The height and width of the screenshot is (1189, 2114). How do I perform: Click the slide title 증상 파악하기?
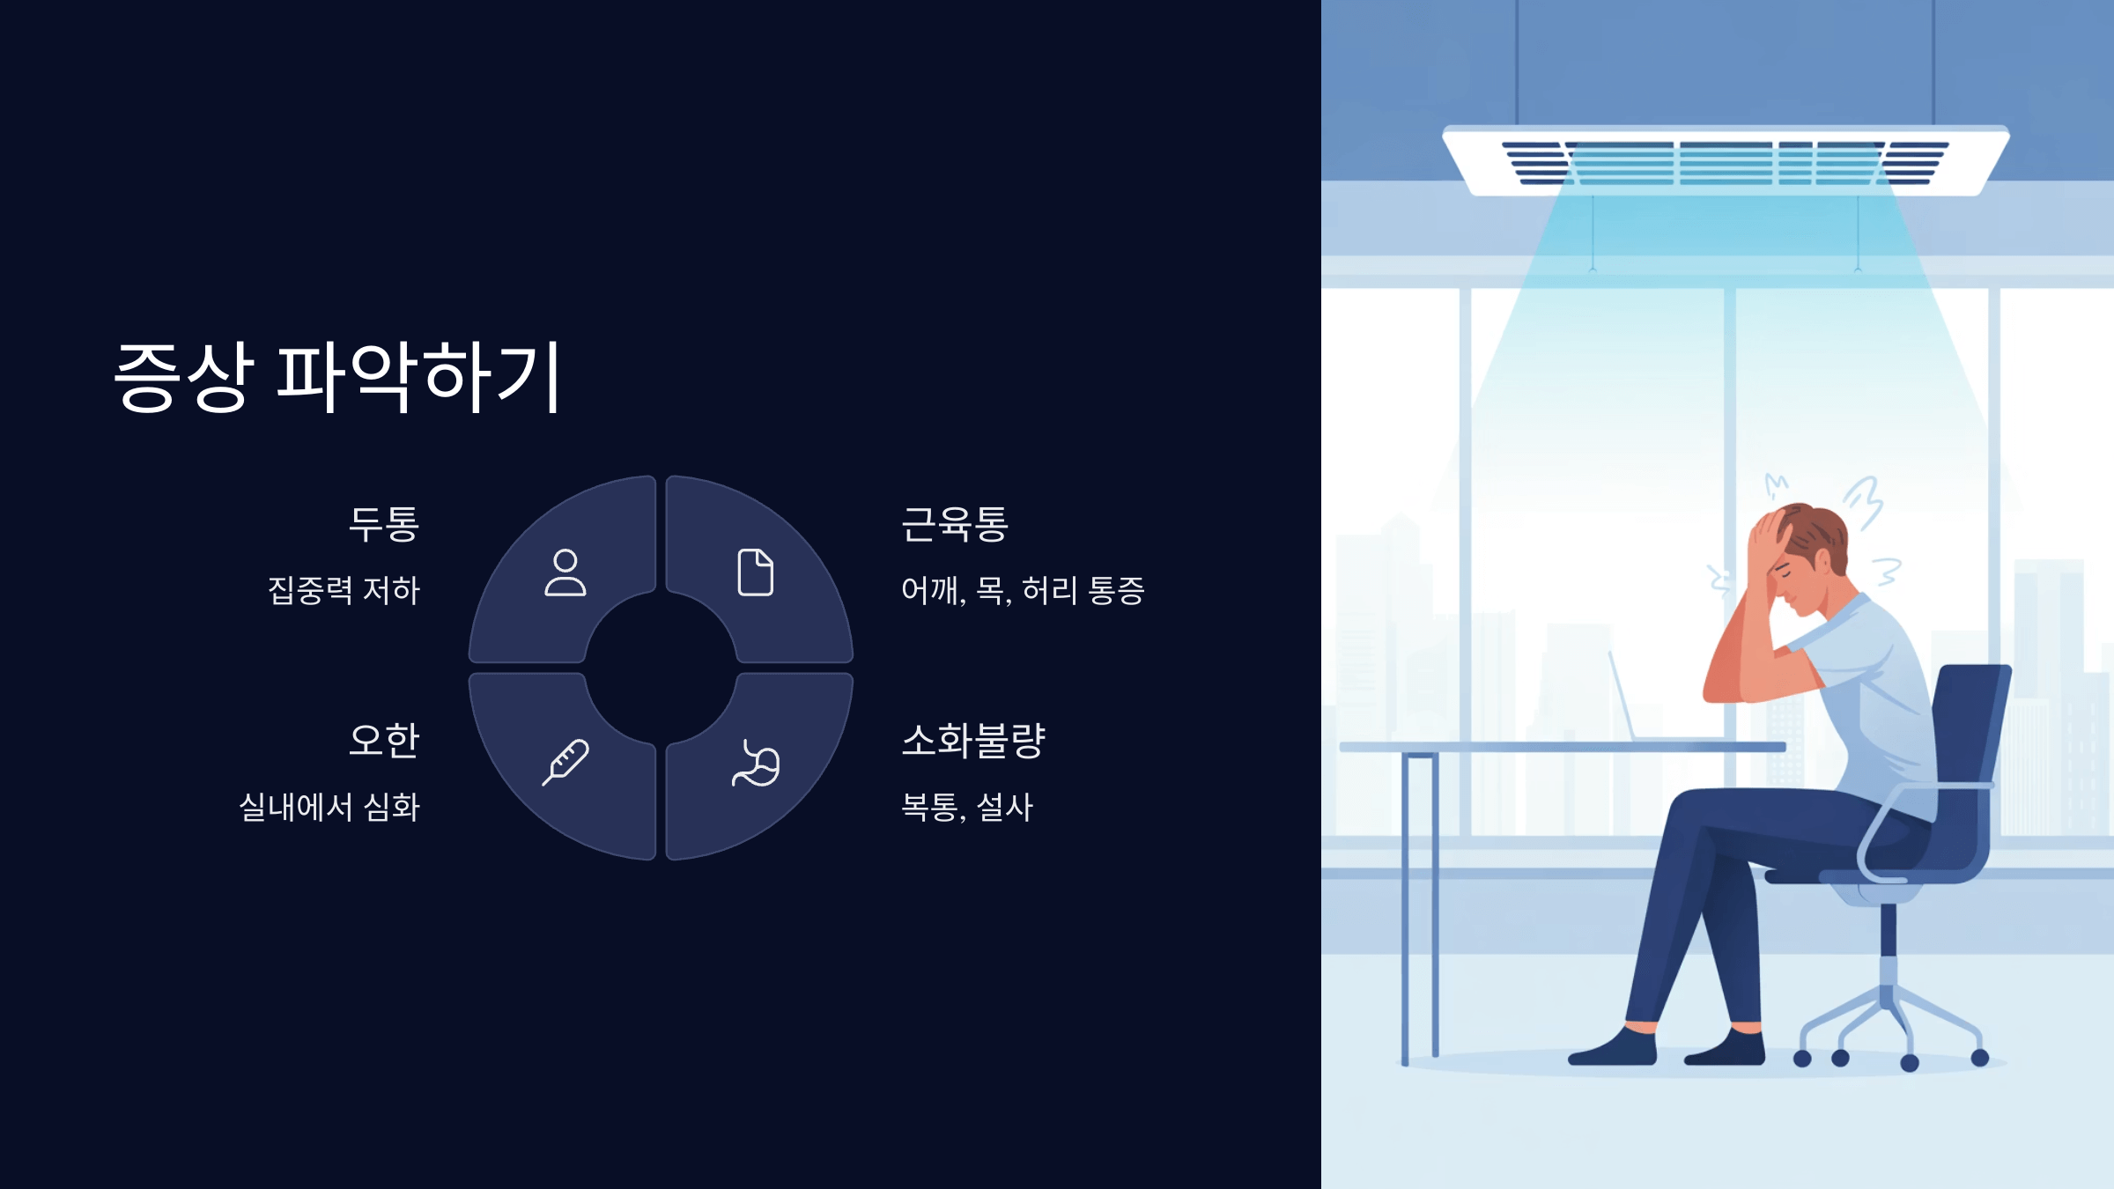(338, 377)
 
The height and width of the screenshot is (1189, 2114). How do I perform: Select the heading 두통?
(384, 524)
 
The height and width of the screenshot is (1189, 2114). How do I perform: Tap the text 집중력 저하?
(344, 590)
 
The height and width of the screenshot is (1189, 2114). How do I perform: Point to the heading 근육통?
(955, 524)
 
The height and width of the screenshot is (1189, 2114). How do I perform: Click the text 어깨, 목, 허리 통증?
(1023, 590)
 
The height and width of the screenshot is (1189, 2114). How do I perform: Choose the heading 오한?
(384, 741)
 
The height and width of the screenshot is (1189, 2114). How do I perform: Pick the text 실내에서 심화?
(329, 807)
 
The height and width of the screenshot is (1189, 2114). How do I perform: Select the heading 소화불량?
(973, 741)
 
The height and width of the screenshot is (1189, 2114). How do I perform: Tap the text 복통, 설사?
(967, 807)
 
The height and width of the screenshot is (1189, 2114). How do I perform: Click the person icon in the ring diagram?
(565, 573)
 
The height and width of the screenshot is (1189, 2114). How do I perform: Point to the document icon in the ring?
(756, 572)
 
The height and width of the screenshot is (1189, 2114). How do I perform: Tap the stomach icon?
(756, 764)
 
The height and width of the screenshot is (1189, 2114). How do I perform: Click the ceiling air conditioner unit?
(1725, 160)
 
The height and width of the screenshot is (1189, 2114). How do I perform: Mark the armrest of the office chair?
(1920, 793)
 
